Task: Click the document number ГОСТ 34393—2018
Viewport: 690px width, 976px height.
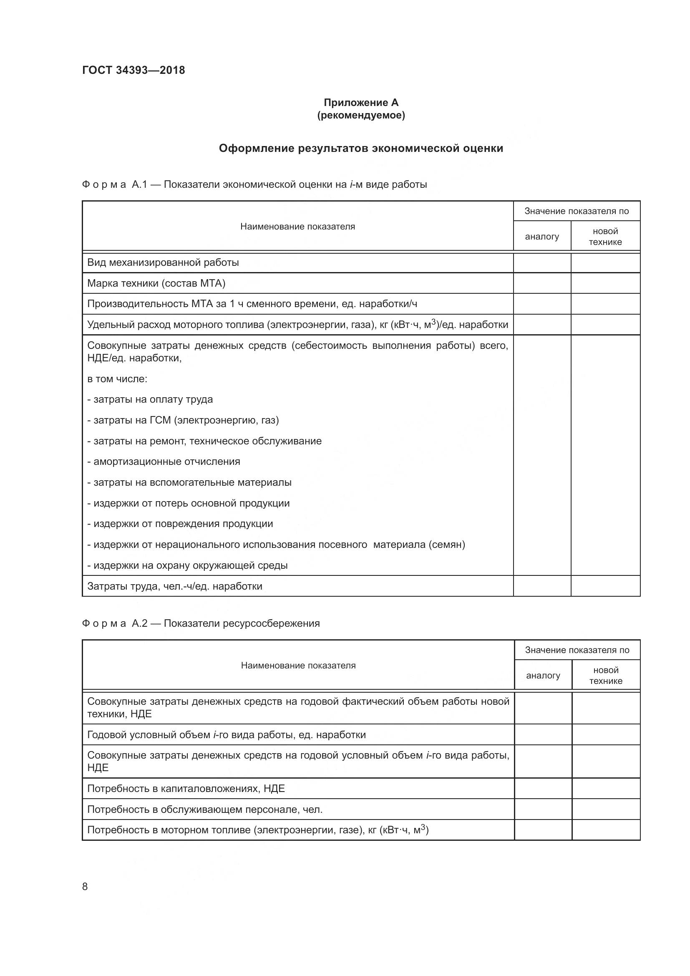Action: click(133, 70)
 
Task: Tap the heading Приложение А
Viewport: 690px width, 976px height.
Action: click(361, 103)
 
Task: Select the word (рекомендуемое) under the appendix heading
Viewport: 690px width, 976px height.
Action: click(361, 115)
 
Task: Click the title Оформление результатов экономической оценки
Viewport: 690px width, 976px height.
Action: click(361, 149)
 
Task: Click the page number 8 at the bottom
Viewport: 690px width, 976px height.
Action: click(85, 886)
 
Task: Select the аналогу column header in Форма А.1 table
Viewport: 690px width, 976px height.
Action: click(542, 237)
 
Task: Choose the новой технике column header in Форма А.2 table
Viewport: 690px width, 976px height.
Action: click(605, 676)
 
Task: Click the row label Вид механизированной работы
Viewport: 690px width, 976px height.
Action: click(163, 263)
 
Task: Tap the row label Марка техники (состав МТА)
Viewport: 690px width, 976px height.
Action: click(156, 283)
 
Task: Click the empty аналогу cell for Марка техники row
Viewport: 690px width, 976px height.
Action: click(542, 283)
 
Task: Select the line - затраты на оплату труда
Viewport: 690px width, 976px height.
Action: click(150, 400)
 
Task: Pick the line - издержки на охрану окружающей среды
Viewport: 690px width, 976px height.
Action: click(187, 565)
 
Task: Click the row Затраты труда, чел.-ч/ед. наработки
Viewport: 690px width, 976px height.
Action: click(175, 586)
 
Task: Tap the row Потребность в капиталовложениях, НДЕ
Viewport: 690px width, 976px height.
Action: click(186, 789)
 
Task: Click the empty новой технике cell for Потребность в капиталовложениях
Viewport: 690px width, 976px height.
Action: click(605, 789)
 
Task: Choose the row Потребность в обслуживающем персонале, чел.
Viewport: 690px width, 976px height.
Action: click(205, 810)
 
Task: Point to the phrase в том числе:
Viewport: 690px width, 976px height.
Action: click(117, 379)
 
